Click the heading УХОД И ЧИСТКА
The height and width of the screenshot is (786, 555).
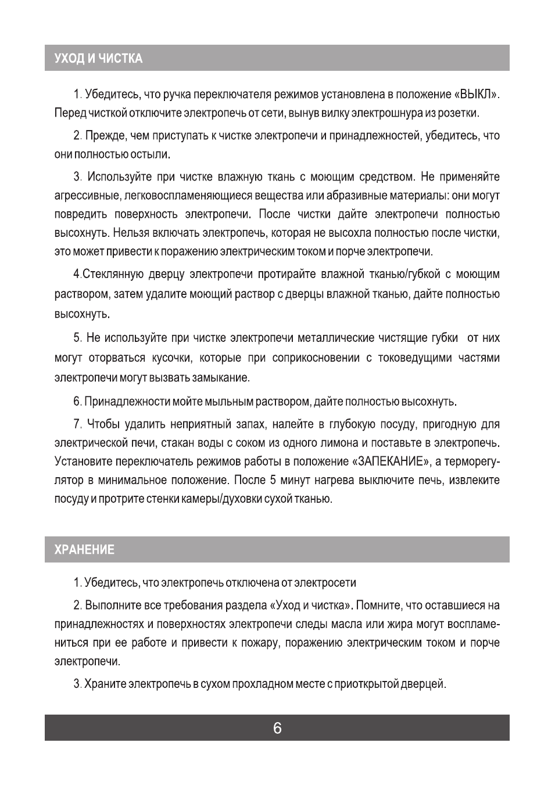coord(98,59)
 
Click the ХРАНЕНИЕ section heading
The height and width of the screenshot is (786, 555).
coord(84,550)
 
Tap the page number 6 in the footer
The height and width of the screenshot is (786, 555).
coord(277,728)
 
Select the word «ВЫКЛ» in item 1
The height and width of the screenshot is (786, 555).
coord(477,94)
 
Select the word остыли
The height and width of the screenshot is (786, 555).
coord(153,155)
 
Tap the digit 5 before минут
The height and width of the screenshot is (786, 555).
coord(273,480)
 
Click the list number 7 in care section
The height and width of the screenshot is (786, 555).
coord(77,424)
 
